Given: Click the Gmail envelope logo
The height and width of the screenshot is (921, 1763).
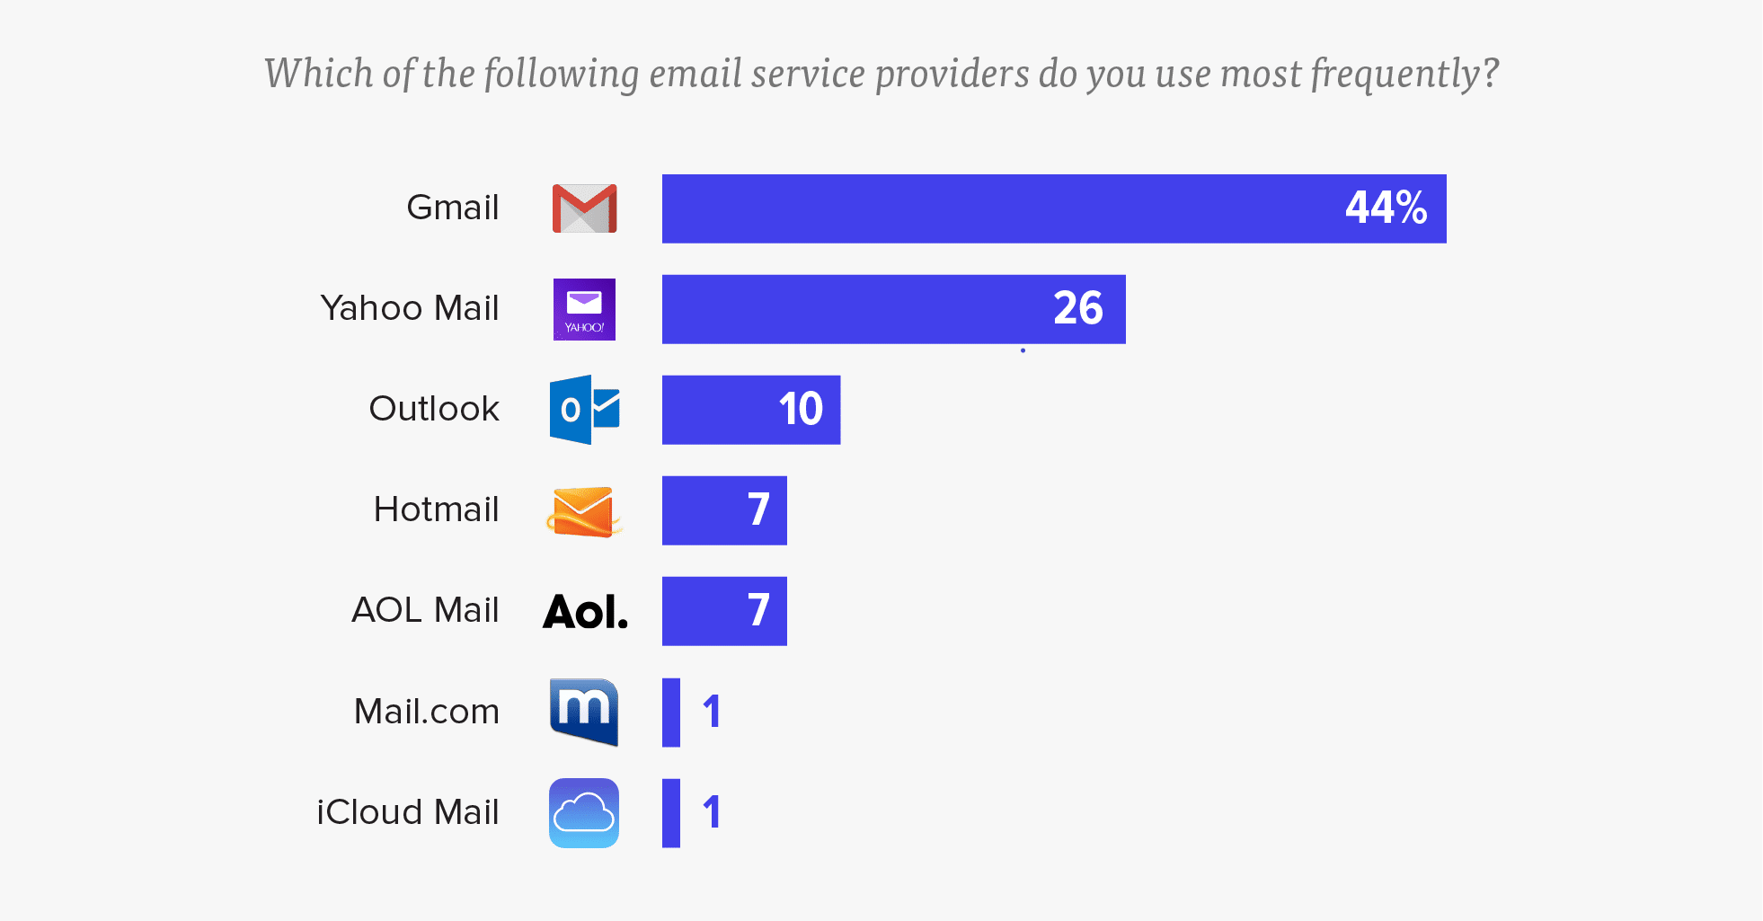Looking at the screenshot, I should tap(584, 208).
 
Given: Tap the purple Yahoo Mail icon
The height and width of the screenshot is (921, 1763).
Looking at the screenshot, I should tap(584, 309).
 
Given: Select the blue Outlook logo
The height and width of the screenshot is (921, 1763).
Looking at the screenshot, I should tap(584, 410).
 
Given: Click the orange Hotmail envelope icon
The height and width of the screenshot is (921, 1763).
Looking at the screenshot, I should tap(584, 510).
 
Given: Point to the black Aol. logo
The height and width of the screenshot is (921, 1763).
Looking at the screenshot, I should tap(585, 612).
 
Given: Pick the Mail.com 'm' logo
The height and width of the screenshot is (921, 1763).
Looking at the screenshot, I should tap(584, 712).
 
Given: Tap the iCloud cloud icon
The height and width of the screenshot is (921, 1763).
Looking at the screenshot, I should tap(584, 812).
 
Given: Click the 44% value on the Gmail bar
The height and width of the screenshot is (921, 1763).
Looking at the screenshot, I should tap(1386, 208).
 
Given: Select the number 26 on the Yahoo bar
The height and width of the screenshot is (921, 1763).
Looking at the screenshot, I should tap(1077, 309).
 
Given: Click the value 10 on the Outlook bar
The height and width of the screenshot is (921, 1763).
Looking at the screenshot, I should tap(801, 410).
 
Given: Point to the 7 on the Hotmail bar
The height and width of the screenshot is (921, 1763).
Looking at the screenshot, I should tap(758, 510).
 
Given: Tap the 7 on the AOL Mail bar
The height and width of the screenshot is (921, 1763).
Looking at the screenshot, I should tap(758, 611).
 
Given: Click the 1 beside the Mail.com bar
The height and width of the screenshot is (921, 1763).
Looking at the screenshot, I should tap(712, 712).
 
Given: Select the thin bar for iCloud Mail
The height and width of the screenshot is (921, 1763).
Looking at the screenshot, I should tap(671, 812).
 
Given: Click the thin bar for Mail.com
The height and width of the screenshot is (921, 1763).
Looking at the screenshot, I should tap(671, 712).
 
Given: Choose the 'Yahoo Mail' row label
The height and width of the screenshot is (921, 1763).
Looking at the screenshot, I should tap(409, 308).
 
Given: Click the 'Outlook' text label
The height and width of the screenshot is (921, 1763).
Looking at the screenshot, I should tap(434, 409).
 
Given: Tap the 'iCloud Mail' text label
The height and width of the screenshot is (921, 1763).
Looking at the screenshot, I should tap(407, 812).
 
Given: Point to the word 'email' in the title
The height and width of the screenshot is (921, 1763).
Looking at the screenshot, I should tap(695, 75).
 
